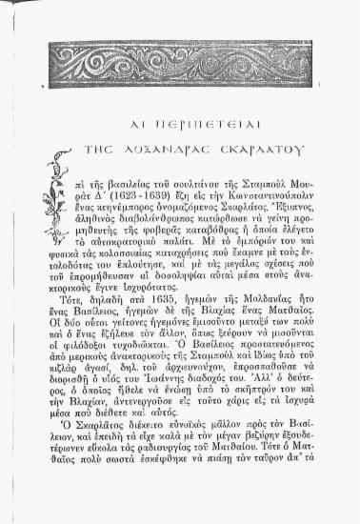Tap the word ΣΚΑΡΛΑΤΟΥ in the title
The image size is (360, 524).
click(x=262, y=149)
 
